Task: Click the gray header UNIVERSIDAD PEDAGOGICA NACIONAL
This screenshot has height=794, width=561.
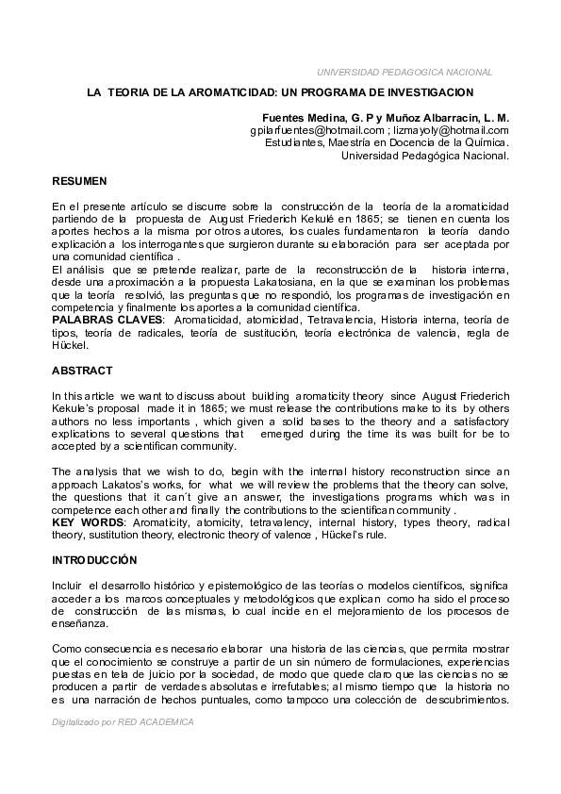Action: pos(404,73)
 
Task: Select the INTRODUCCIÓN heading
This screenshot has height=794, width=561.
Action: pos(94,560)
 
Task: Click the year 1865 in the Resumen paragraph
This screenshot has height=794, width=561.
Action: pos(362,218)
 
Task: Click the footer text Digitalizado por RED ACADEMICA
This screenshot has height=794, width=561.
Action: pos(123,721)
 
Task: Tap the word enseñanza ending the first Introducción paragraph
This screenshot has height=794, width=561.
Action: pos(82,624)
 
